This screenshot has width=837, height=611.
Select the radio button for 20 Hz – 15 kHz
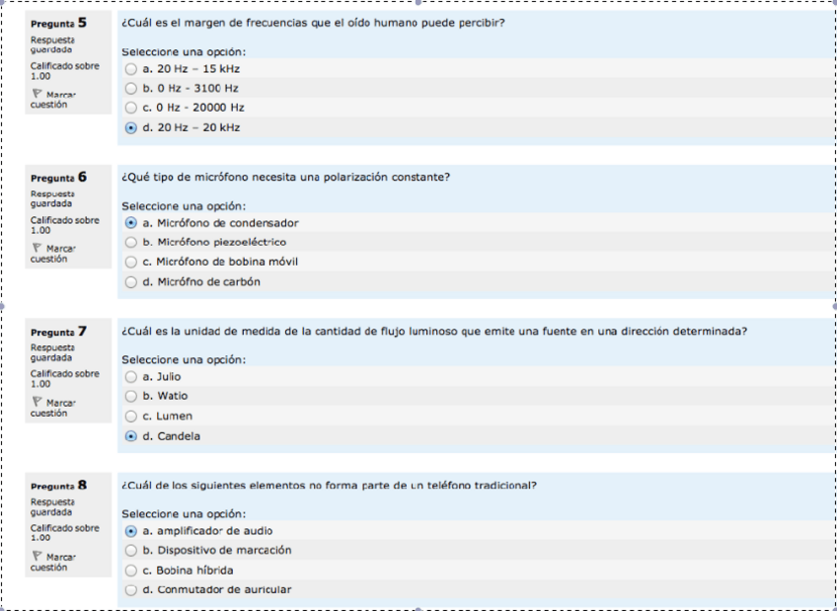pyautogui.click(x=131, y=69)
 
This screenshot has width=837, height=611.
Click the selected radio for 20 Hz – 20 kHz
pyautogui.click(x=131, y=127)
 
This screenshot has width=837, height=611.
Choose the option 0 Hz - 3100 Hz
pyautogui.click(x=131, y=88)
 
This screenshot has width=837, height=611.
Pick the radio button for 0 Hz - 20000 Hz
pyautogui.click(x=131, y=108)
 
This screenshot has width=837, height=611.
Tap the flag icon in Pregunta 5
pyautogui.click(x=37, y=94)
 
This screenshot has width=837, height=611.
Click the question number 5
pyautogui.click(x=82, y=22)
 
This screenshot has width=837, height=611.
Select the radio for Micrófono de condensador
pyautogui.click(x=131, y=223)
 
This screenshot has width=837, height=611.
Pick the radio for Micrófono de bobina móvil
pyautogui.click(x=131, y=262)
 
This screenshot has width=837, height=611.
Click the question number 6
pyautogui.click(x=82, y=177)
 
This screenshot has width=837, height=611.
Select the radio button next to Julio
pyautogui.click(x=131, y=377)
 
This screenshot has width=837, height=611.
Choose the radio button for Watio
pyautogui.click(x=131, y=396)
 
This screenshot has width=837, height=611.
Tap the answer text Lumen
pyautogui.click(x=174, y=417)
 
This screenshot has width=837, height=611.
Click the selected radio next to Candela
pyautogui.click(x=131, y=436)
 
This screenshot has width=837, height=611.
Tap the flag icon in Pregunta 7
pyautogui.click(x=37, y=402)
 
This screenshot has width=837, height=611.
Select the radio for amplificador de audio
pyautogui.click(x=131, y=531)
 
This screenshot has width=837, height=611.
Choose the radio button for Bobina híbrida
pyautogui.click(x=131, y=571)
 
